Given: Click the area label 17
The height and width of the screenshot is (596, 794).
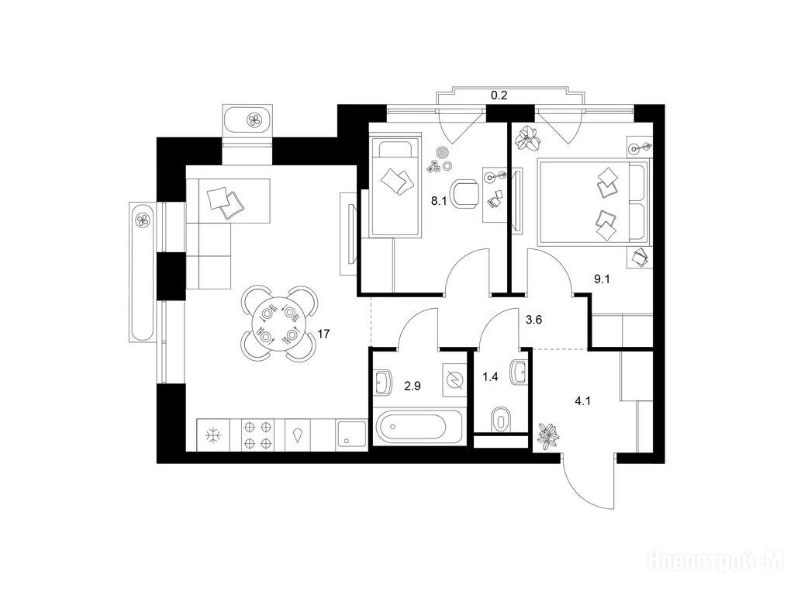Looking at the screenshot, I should point(324,334).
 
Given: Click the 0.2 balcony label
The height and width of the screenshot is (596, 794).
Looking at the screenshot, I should point(499,96).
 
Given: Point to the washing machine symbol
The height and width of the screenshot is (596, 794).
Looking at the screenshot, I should point(454,380).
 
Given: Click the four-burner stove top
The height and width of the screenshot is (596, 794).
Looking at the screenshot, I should point(257,435).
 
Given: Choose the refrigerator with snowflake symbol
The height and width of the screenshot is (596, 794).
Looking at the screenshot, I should point(213,435).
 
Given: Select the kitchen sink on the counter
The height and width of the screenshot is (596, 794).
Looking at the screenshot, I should point(353,435).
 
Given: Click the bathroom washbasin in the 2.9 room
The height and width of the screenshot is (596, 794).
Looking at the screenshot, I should point(384,380).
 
